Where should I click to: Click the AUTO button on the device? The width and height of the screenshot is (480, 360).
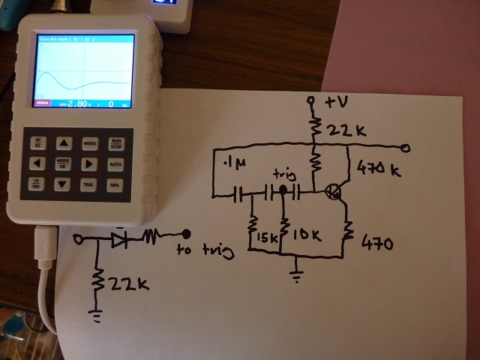pyautogui.click(x=115, y=163)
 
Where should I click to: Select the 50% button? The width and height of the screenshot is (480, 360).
pyautogui.click(x=115, y=184)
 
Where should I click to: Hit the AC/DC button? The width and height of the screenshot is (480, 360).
pyautogui.click(x=36, y=142)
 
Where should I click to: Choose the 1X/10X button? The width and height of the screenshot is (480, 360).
pyautogui.click(x=36, y=184)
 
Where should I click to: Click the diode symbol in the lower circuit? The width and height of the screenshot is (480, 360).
pyautogui.click(x=119, y=239)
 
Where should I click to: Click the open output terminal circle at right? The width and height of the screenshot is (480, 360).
pyautogui.click(x=406, y=147)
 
